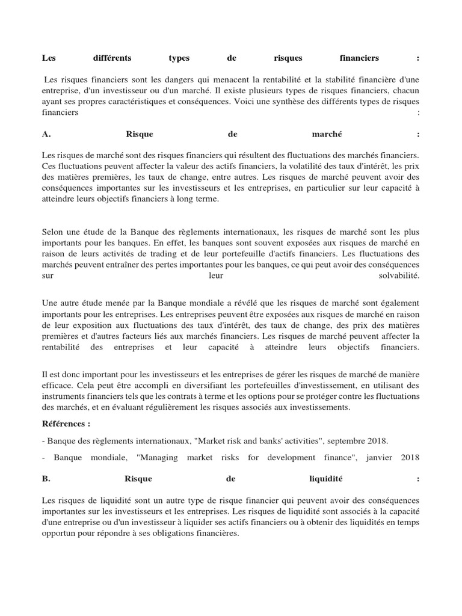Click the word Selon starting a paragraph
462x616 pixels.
click(54, 232)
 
